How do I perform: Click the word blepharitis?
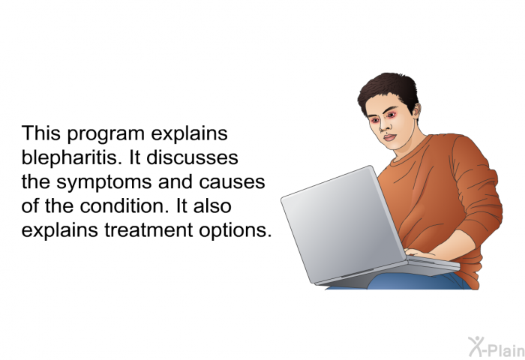(71, 158)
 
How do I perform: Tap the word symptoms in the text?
(104, 182)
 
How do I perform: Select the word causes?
(232, 182)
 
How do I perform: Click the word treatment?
(148, 230)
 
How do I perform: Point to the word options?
(235, 231)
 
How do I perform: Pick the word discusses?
(192, 157)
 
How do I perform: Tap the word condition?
(124, 206)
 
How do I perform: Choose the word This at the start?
(41, 133)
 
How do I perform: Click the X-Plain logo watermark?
(496, 346)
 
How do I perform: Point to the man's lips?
(389, 137)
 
